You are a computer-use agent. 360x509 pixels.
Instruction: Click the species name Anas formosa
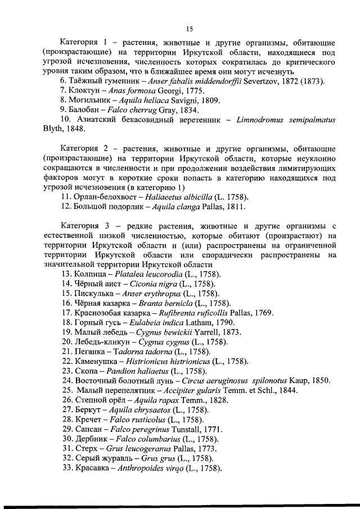[x=130, y=91]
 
